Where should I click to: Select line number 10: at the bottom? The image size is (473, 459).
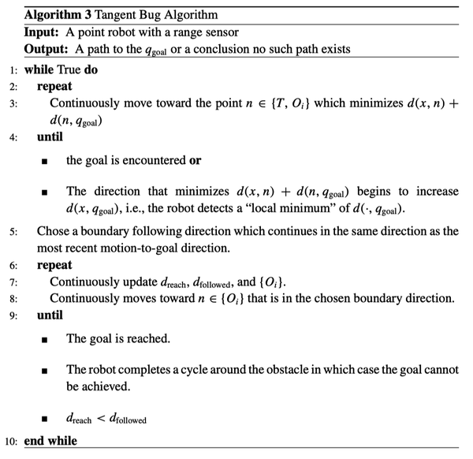pos(13,442)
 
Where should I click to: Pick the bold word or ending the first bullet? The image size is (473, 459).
pos(194,160)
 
